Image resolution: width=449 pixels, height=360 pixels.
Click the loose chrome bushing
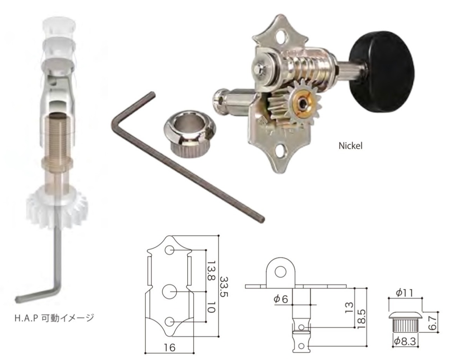[190, 134]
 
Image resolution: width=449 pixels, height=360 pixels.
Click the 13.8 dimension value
[212, 271]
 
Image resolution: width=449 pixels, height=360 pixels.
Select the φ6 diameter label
[281, 299]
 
